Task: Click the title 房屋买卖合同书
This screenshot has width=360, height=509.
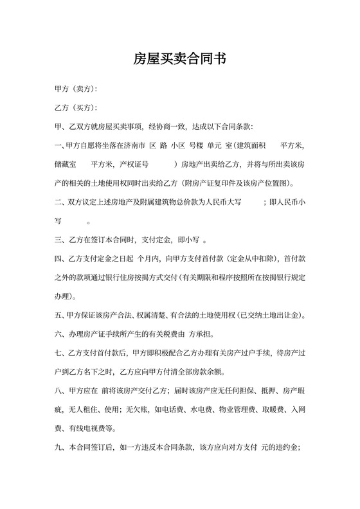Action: tap(179, 59)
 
